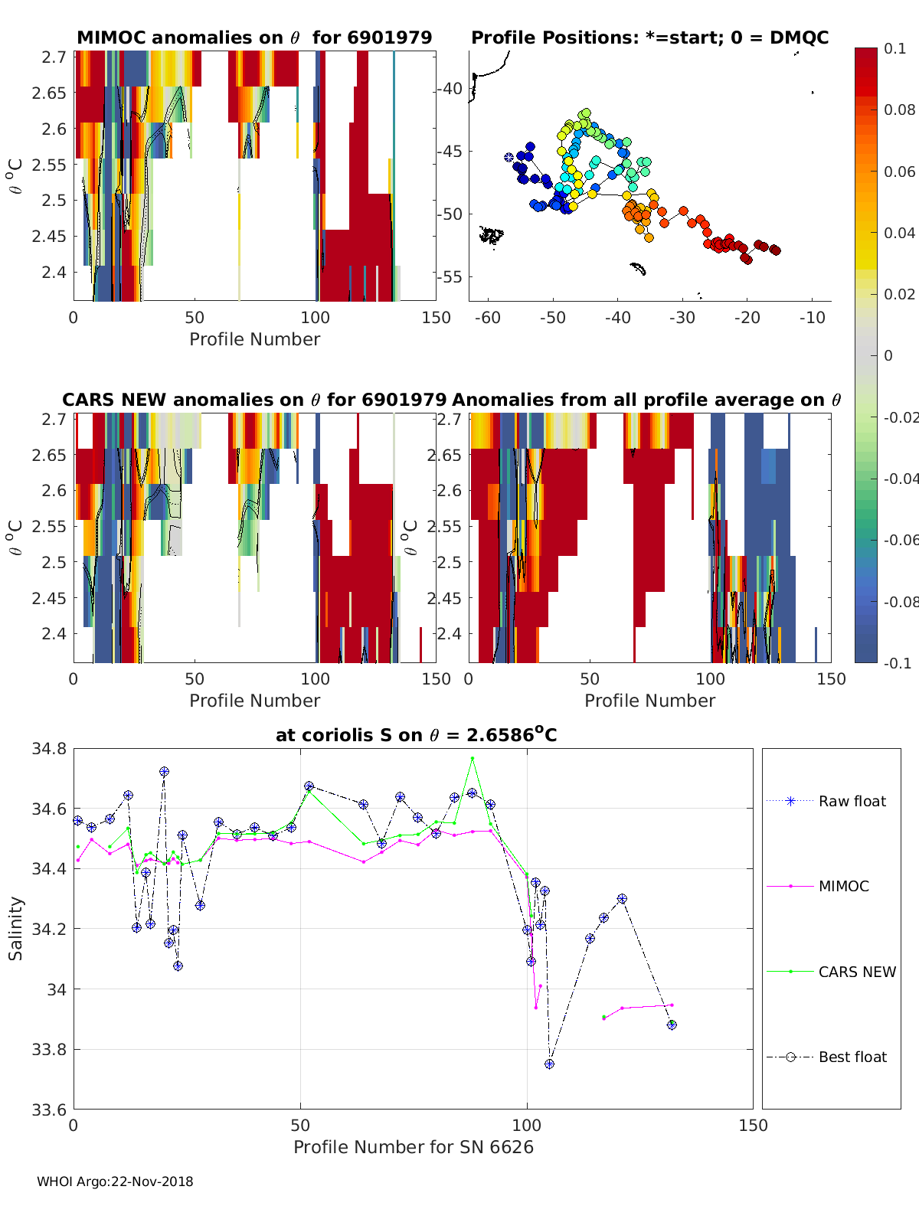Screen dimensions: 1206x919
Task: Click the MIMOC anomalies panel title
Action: point(254,38)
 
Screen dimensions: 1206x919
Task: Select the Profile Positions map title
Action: point(649,38)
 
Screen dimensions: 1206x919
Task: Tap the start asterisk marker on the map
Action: point(509,157)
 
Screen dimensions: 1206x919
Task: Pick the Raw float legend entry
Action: point(852,801)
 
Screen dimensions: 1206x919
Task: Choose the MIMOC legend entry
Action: point(843,886)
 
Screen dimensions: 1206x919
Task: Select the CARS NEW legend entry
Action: point(856,972)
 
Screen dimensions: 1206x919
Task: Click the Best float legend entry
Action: point(852,1057)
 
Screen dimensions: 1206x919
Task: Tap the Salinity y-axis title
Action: point(15,928)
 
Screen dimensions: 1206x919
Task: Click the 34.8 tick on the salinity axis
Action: point(48,748)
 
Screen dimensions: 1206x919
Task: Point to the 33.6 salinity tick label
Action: point(48,1109)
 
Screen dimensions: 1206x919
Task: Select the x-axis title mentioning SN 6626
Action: point(414,1147)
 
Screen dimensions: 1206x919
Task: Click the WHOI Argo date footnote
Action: point(115,1181)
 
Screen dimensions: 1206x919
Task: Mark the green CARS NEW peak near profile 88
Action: point(473,758)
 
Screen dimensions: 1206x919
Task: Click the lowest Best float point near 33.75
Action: point(549,1064)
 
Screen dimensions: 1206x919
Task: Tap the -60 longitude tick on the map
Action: point(488,318)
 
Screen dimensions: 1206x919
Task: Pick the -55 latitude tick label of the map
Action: point(450,276)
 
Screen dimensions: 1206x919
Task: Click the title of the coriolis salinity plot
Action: point(416,735)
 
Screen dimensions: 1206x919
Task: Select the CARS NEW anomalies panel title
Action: point(254,400)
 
